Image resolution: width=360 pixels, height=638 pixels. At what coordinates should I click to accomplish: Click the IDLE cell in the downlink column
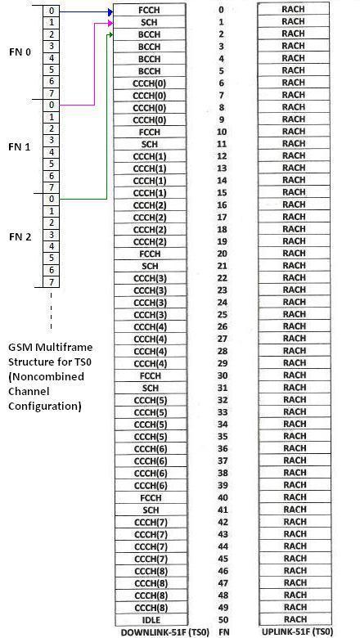(150, 619)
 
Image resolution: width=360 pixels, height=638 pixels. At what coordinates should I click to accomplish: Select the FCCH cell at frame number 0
(150, 10)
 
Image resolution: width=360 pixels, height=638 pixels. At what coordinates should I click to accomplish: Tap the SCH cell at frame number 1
(150, 22)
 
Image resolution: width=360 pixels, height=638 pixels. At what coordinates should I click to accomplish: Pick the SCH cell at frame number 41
(150, 510)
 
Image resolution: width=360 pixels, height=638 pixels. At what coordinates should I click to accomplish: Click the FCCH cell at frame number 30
(150, 375)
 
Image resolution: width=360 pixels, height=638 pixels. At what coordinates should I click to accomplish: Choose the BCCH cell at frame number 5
(150, 71)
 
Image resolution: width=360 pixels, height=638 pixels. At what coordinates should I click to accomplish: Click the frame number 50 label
(221, 619)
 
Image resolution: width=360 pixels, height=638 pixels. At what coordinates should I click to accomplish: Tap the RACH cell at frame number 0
(293, 10)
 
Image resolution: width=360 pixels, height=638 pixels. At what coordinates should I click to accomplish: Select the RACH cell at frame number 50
(293, 619)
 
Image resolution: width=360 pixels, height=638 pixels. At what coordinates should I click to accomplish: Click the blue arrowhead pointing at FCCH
(110, 13)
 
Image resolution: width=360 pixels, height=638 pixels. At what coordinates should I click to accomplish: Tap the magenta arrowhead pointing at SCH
(110, 25)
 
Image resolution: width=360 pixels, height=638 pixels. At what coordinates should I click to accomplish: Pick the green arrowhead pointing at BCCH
(110, 36)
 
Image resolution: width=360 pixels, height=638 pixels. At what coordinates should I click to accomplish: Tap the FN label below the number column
(221, 632)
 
